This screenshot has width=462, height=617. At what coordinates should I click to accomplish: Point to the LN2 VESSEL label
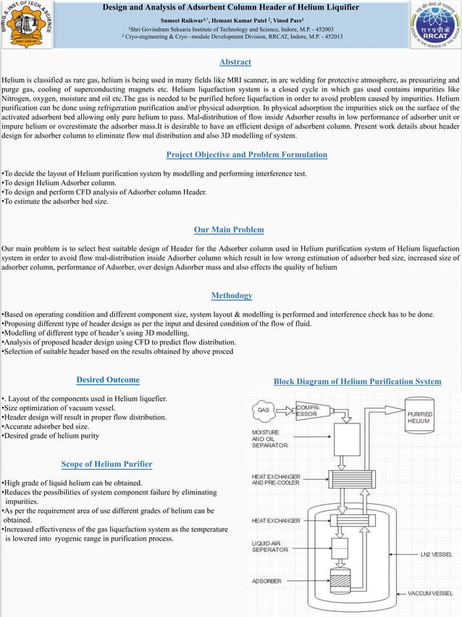[x=437, y=554]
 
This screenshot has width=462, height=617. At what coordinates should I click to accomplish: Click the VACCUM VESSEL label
[x=432, y=593]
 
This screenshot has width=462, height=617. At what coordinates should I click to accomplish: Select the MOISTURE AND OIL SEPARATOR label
[x=269, y=439]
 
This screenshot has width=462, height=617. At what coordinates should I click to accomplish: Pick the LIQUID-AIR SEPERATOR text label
[x=269, y=547]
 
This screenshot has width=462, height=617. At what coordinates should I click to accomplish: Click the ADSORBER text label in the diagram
[x=266, y=581]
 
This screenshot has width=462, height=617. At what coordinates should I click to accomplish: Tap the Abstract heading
[x=235, y=62]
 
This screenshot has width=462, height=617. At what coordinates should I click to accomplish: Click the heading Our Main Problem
[x=229, y=230]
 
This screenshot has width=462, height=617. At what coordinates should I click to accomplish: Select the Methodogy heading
[x=232, y=296]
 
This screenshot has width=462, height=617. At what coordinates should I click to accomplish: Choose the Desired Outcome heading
[x=108, y=380]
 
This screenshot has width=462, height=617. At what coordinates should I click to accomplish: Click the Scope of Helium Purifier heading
[x=106, y=464]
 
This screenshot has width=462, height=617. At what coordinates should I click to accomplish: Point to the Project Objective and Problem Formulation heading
[x=246, y=154]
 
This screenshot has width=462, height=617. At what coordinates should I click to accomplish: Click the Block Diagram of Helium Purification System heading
[x=357, y=381]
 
